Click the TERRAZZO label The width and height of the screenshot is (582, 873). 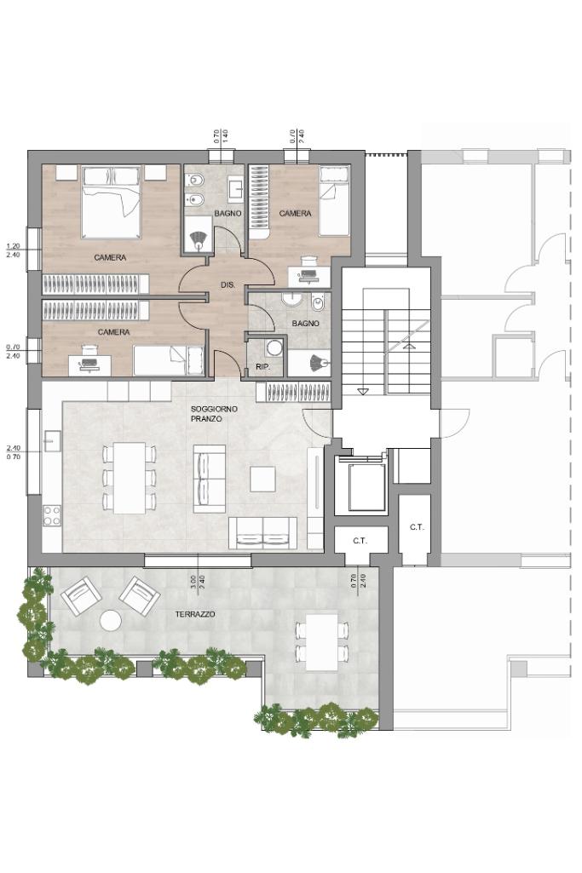[195, 614]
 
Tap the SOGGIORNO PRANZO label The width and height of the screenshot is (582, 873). [206, 414]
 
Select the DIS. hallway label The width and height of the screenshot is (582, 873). [228, 284]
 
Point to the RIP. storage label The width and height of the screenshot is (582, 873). [262, 367]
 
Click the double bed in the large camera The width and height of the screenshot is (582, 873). [111, 203]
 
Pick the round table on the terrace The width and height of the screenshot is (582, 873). [110, 621]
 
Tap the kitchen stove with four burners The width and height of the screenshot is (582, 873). [52, 515]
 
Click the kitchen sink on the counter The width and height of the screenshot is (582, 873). [52, 441]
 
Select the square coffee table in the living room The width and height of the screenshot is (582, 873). [262, 479]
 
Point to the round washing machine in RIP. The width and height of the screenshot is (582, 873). [274, 348]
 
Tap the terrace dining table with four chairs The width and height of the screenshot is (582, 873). [322, 642]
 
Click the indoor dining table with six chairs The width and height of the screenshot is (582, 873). [130, 478]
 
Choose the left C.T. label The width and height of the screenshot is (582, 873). [360, 541]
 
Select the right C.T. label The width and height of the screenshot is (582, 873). [417, 527]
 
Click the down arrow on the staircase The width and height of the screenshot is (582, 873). [362, 392]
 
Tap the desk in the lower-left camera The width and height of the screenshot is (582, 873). [89, 364]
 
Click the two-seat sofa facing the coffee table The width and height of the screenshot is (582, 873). [263, 533]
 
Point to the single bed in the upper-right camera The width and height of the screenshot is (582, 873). [334, 200]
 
